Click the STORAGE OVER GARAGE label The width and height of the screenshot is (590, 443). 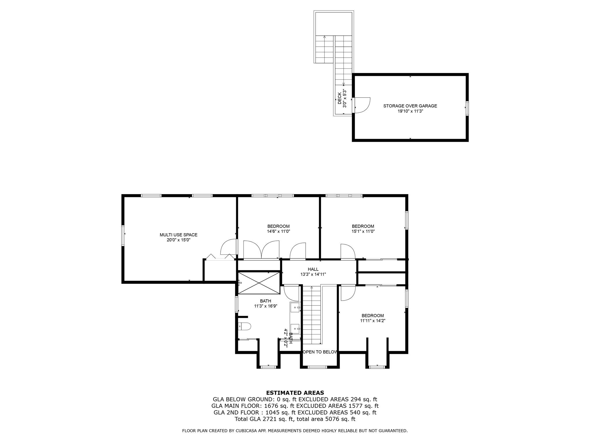point(410,106)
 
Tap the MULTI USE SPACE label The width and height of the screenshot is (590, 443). point(178,235)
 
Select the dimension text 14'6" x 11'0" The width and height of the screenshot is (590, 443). point(278,231)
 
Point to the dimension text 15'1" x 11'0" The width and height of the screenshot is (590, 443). point(363,231)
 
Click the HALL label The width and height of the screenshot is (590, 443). point(313,269)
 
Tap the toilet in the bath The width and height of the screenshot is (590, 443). point(245,326)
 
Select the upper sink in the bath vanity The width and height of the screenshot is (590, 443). point(295,307)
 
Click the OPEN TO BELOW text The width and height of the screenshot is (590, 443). point(320,352)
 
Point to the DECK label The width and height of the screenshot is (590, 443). point(339,98)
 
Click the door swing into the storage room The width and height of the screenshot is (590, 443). point(362,105)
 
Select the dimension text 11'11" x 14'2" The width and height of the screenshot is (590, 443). point(373,320)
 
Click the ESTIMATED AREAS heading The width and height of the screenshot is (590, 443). point(295,393)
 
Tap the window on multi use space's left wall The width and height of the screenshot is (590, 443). point(123,235)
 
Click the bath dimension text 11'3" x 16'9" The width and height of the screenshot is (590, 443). point(265,306)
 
